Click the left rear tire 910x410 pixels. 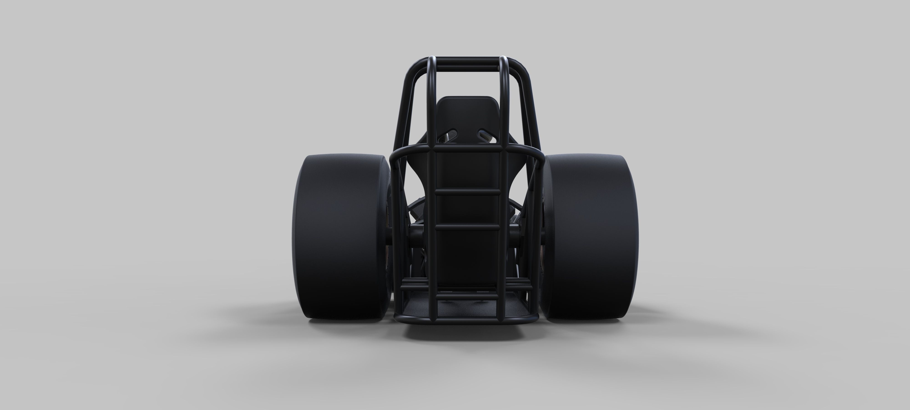pyautogui.click(x=339, y=237)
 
